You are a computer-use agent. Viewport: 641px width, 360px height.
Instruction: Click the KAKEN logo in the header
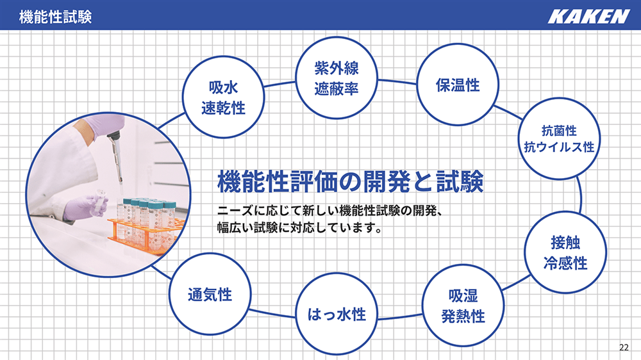tap(588, 17)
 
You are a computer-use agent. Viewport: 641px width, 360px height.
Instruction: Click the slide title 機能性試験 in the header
tap(55, 17)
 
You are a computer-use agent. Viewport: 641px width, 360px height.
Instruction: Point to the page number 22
tap(624, 347)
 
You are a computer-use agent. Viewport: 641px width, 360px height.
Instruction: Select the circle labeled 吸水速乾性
tap(223, 97)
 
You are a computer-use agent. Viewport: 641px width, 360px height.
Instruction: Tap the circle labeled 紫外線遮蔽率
tap(337, 78)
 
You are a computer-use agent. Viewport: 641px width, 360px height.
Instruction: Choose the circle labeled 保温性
tap(458, 85)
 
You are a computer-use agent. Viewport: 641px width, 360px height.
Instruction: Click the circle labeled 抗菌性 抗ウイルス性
tap(559, 138)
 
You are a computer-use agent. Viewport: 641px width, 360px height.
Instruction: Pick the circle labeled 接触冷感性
tap(565, 252)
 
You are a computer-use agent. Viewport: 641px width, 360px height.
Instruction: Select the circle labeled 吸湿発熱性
tap(463, 306)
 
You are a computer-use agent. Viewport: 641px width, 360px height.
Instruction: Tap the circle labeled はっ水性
tap(337, 315)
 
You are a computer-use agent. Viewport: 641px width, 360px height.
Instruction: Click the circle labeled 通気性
tap(210, 294)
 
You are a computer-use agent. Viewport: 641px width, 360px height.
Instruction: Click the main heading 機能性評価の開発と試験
tap(351, 181)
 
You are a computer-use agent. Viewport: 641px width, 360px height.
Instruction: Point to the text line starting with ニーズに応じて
tap(330, 211)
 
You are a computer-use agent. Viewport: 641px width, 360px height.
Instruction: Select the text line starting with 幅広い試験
tap(299, 227)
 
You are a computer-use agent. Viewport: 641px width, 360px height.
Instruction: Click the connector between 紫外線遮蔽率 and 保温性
tap(397, 82)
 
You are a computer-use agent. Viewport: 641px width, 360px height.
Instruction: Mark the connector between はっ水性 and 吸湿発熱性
tap(400, 317)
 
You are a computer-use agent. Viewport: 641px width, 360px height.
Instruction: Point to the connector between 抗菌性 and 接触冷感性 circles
tap(579, 195)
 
